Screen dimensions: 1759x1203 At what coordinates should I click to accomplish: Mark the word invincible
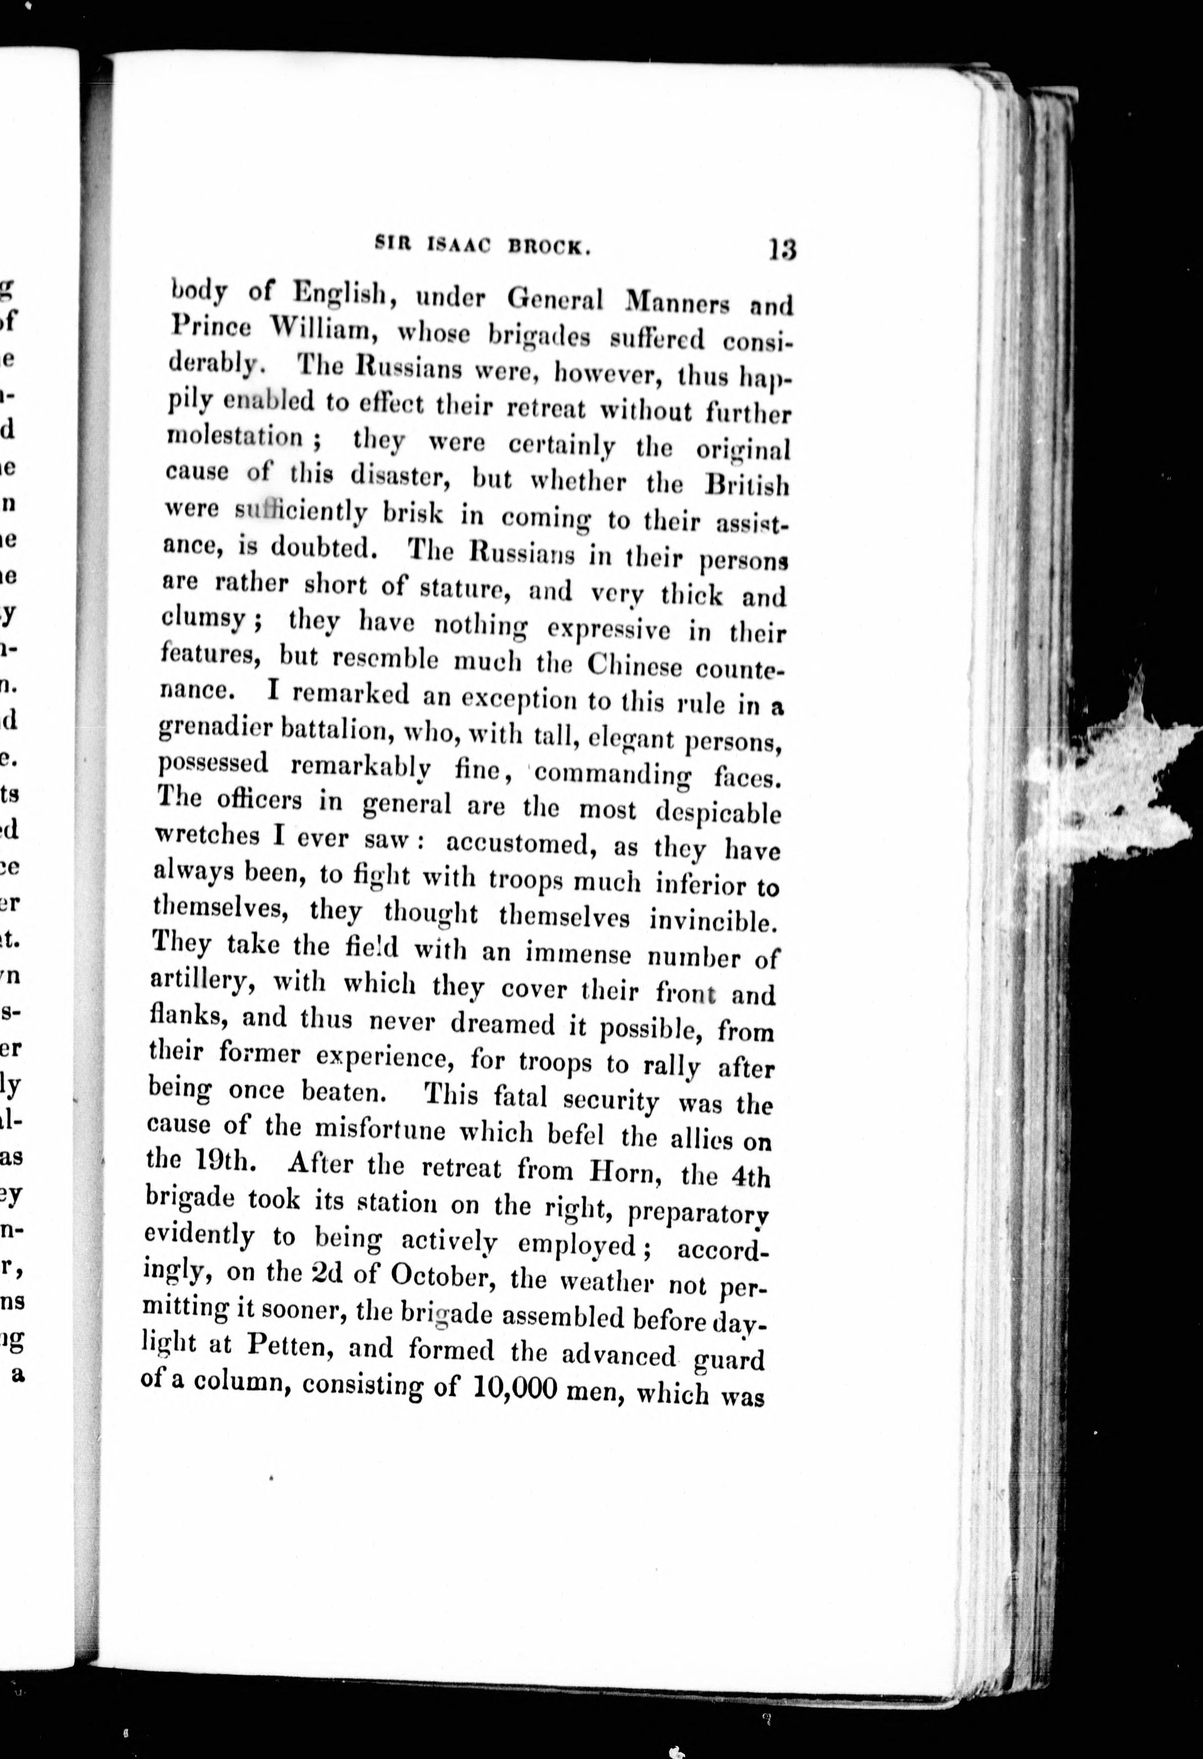click(x=714, y=920)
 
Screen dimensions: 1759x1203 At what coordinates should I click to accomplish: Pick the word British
click(x=746, y=484)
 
